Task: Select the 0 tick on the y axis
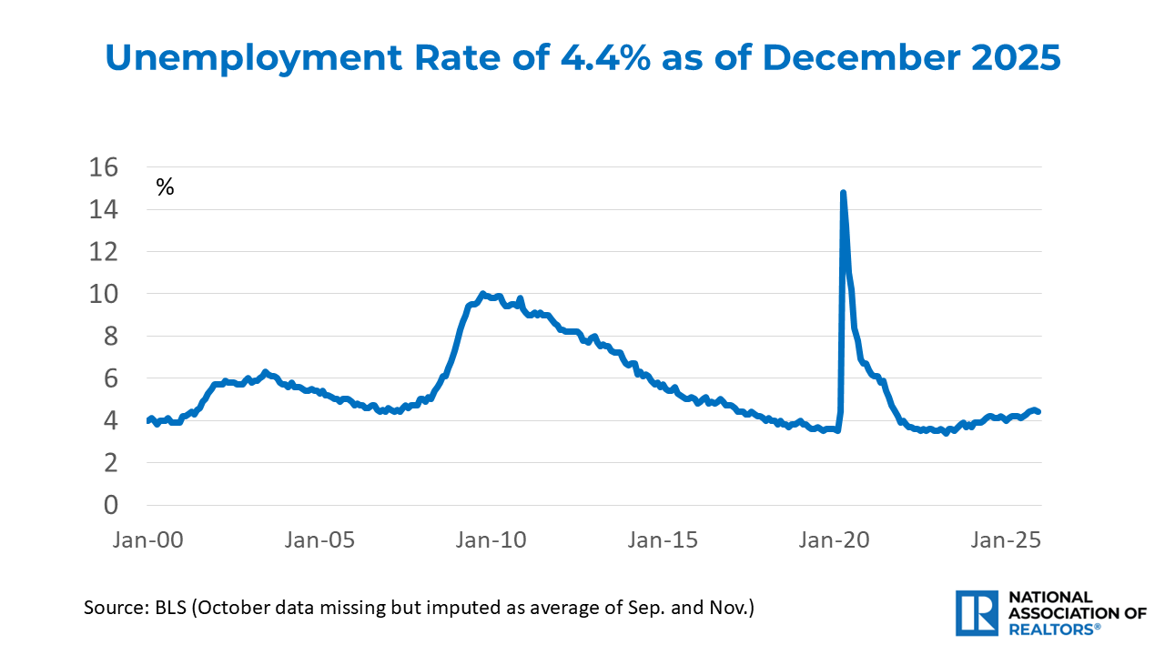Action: (x=112, y=505)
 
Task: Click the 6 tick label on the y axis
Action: (x=112, y=378)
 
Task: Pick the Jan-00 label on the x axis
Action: (x=149, y=539)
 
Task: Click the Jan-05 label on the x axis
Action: (x=320, y=539)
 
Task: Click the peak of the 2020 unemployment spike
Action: (x=843, y=193)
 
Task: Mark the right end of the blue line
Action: (x=1038, y=412)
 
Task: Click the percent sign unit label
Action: (x=165, y=188)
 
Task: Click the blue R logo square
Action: (x=978, y=612)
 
